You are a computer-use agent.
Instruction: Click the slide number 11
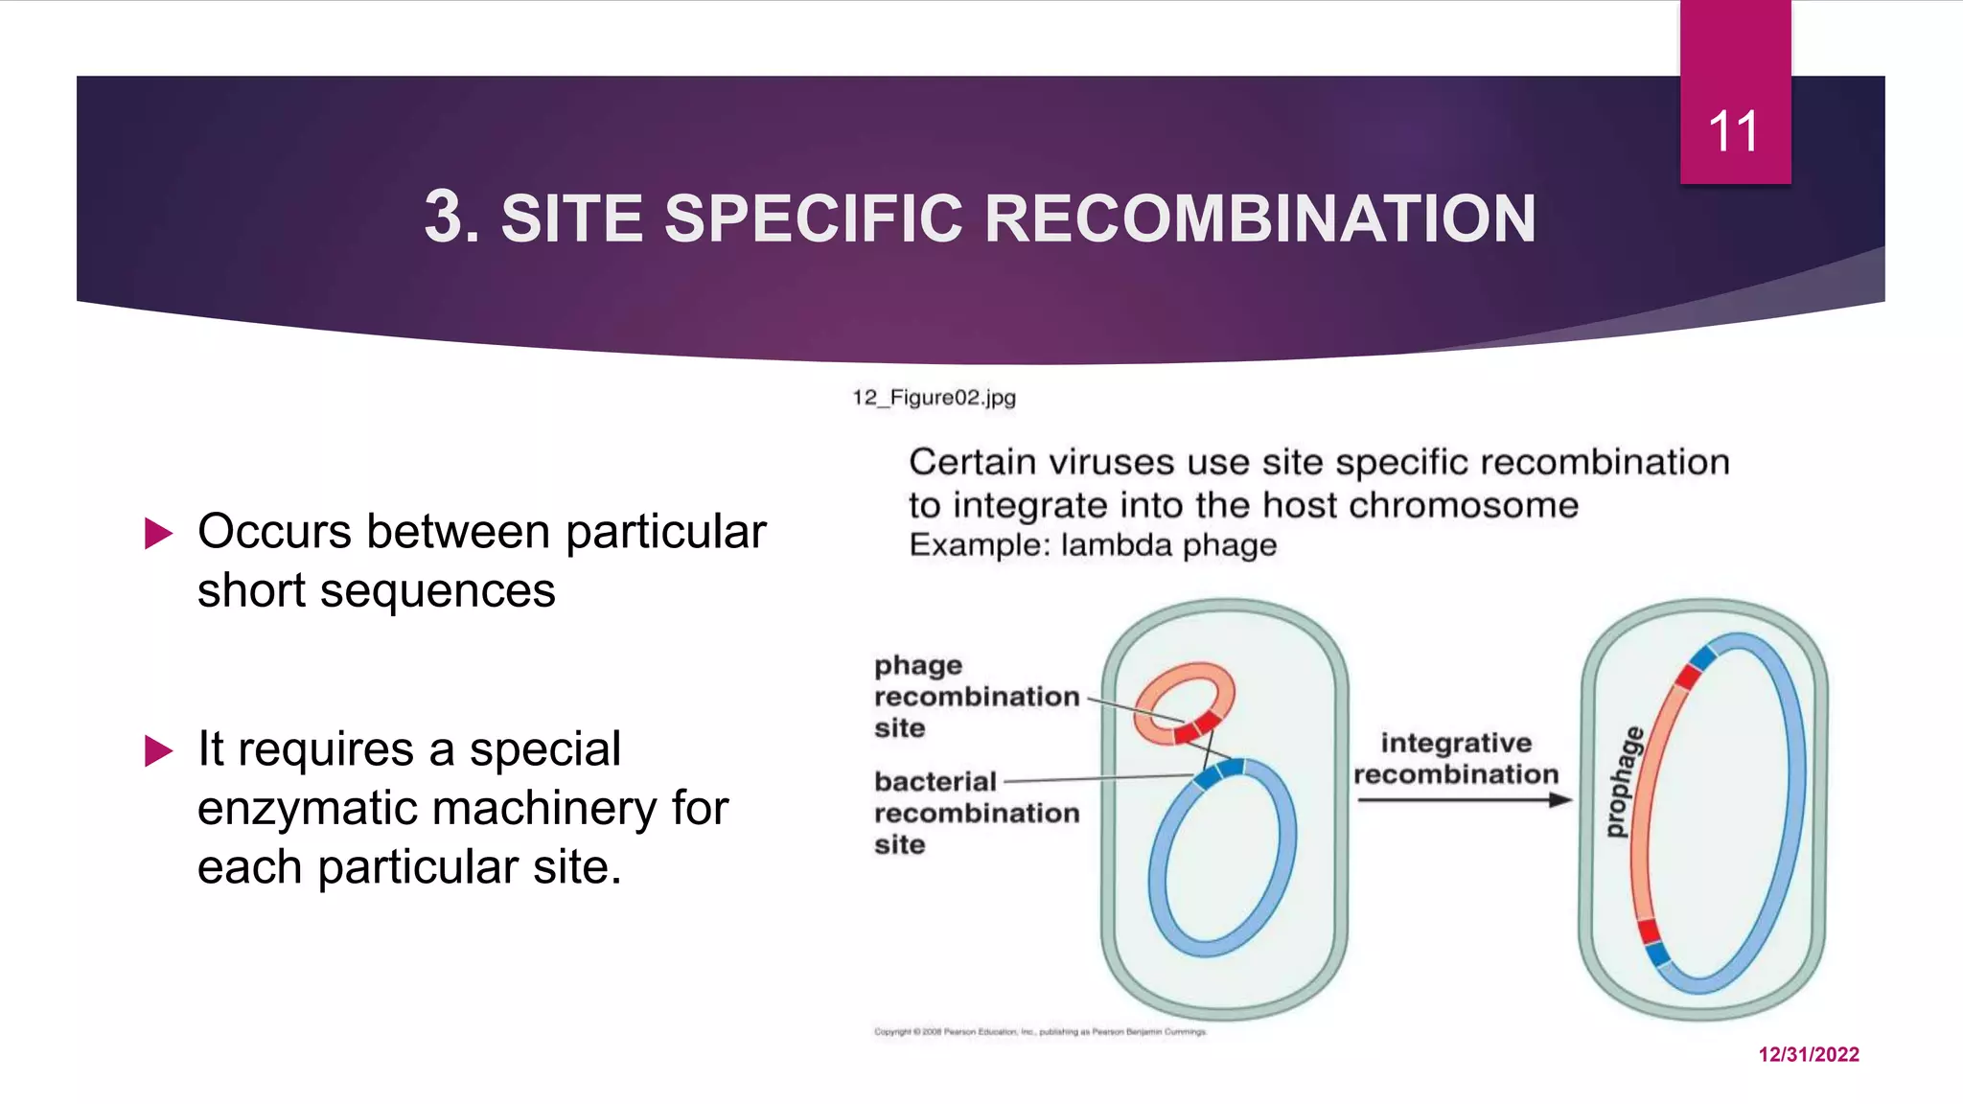1733,132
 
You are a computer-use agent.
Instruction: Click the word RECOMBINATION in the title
1259,218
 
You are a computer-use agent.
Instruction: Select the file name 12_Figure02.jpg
934,397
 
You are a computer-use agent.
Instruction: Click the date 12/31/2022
1809,1054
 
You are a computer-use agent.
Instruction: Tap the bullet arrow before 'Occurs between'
158,534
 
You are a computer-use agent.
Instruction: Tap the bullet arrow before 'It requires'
158,750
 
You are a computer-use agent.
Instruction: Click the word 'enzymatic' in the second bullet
309,808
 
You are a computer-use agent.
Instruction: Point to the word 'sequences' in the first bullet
437,590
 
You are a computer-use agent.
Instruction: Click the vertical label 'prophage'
1623,783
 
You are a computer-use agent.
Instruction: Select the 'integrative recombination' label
1456,758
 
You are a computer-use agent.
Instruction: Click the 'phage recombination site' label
975,697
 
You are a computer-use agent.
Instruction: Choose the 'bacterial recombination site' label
975,813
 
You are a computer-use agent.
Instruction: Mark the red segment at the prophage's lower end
1648,930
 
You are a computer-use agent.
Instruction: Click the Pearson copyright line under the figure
1040,1032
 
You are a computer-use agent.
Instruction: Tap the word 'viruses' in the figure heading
1110,463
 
